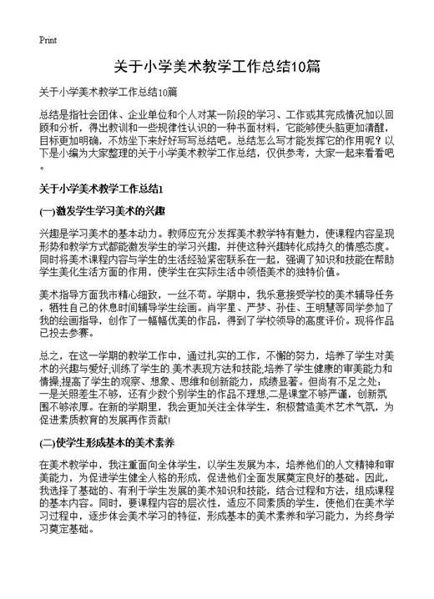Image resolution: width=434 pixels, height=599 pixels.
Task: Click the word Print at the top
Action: [x=48, y=39]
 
